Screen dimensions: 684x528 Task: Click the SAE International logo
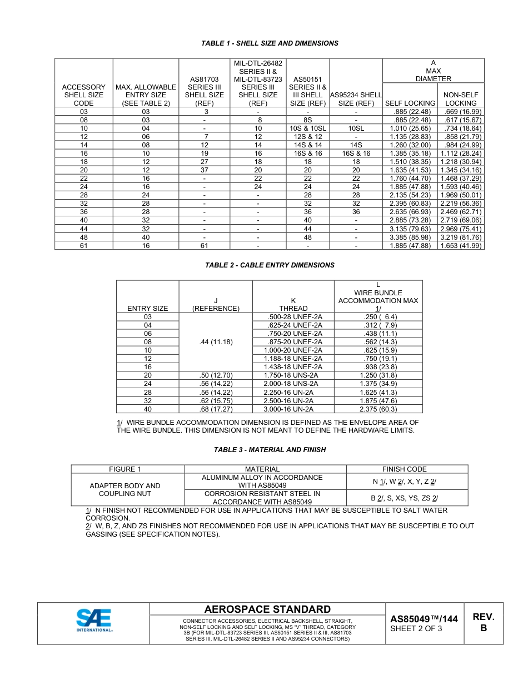(x=94, y=621)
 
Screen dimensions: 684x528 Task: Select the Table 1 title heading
(x=270, y=43)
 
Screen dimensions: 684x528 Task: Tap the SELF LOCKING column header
(x=410, y=103)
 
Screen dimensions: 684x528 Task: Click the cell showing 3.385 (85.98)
(x=410, y=237)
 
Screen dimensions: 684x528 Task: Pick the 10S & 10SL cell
(x=307, y=128)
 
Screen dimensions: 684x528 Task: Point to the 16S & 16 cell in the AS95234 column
(x=356, y=153)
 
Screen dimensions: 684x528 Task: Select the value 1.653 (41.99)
(x=461, y=245)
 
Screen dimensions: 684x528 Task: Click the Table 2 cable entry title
(x=270, y=265)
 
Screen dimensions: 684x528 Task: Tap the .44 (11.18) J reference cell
(x=216, y=341)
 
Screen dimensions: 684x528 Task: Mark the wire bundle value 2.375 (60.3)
(x=378, y=409)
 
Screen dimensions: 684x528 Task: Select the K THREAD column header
(x=293, y=304)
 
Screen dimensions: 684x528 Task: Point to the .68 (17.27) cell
(x=216, y=409)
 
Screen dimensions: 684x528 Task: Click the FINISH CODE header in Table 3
(x=404, y=469)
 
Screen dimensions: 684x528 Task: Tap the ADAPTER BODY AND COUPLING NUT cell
(x=125, y=489)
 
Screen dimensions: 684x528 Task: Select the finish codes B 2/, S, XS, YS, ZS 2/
(x=404, y=498)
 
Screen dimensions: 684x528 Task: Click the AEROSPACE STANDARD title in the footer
(x=267, y=609)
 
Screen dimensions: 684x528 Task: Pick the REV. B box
(x=483, y=622)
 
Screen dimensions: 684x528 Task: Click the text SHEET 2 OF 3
(x=416, y=629)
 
